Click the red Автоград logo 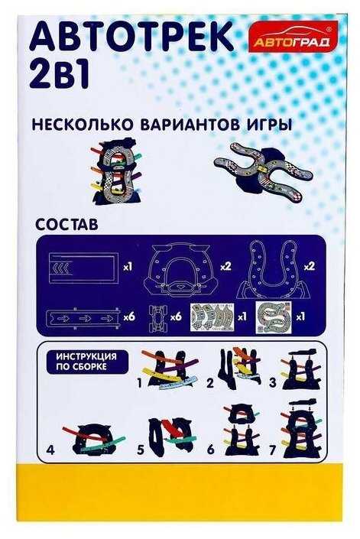tap(293, 37)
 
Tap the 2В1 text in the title tap(60, 75)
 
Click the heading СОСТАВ tap(66, 225)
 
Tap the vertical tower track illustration tap(115, 171)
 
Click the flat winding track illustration tap(263, 171)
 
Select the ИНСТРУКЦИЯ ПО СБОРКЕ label tap(86, 362)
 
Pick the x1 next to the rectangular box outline tap(128, 267)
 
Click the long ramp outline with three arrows tap(84, 318)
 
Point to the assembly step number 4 tap(50, 450)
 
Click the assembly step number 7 tap(272, 450)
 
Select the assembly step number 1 tap(139, 382)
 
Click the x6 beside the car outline tap(176, 317)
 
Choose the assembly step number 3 tap(273, 382)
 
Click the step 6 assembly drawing tap(242, 430)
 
